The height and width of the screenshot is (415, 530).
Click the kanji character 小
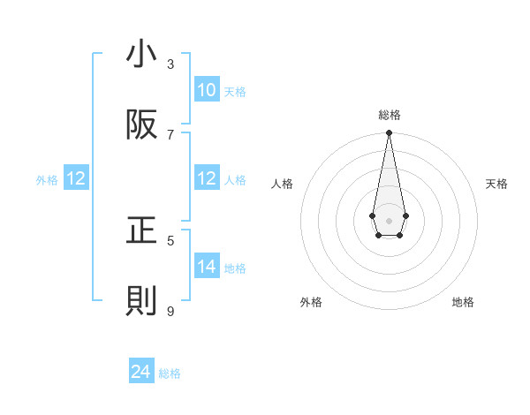pyautogui.click(x=142, y=54)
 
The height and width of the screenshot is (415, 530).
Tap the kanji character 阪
pyautogui.click(x=142, y=125)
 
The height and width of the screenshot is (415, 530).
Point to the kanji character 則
pyautogui.click(x=142, y=302)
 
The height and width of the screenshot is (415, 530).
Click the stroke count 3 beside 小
pyautogui.click(x=170, y=64)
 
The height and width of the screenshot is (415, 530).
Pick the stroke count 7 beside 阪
pyautogui.click(x=170, y=134)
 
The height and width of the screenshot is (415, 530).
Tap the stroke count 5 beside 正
pyautogui.click(x=170, y=240)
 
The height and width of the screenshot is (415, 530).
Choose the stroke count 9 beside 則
pyautogui.click(x=170, y=311)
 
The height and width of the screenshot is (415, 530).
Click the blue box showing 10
pyautogui.click(x=207, y=90)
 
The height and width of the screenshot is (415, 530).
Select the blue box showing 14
pyautogui.click(x=207, y=267)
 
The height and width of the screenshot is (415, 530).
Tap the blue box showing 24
pyautogui.click(x=141, y=373)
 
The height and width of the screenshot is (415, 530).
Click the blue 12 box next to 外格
pyautogui.click(x=76, y=178)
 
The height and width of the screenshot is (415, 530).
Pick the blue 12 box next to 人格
pyautogui.click(x=207, y=178)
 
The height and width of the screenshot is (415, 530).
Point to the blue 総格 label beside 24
pyautogui.click(x=170, y=373)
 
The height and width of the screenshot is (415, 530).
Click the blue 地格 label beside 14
pyautogui.click(x=235, y=268)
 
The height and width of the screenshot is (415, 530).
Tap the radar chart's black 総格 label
pyautogui.click(x=389, y=115)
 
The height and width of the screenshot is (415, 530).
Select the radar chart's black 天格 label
pyautogui.click(x=496, y=184)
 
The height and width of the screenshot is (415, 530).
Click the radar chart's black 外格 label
pyautogui.click(x=311, y=302)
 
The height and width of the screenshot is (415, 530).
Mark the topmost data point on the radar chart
pyautogui.click(x=389, y=133)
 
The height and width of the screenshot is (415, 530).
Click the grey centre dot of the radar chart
pyautogui.click(x=389, y=219)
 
